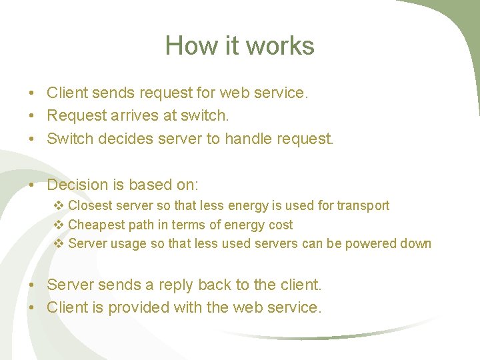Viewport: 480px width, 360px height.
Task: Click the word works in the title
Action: click(280, 46)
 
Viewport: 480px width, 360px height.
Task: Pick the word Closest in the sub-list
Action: click(91, 205)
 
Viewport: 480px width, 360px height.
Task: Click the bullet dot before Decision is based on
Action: click(32, 185)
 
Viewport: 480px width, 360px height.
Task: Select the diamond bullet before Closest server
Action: click(58, 205)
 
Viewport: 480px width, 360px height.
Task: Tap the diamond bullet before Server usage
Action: click(58, 243)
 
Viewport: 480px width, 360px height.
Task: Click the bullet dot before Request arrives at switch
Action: click(32, 116)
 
